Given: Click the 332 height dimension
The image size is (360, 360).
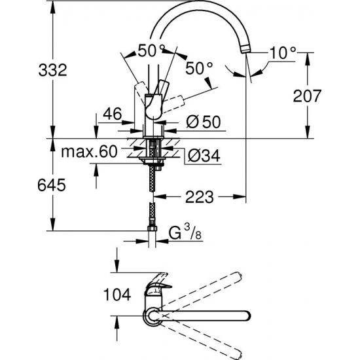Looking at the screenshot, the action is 52,70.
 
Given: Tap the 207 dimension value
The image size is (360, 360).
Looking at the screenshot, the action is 307,96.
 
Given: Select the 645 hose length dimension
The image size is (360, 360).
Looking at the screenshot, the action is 52,185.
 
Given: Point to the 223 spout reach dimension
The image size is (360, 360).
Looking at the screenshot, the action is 199,197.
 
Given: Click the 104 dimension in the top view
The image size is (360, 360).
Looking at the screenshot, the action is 117,295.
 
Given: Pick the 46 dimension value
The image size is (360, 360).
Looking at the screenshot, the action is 112,114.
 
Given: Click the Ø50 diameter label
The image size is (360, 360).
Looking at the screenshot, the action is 204,122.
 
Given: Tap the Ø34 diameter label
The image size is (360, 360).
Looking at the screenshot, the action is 204,155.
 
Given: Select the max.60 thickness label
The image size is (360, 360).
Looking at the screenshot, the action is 89,152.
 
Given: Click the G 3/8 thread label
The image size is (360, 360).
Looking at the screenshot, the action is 185,232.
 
